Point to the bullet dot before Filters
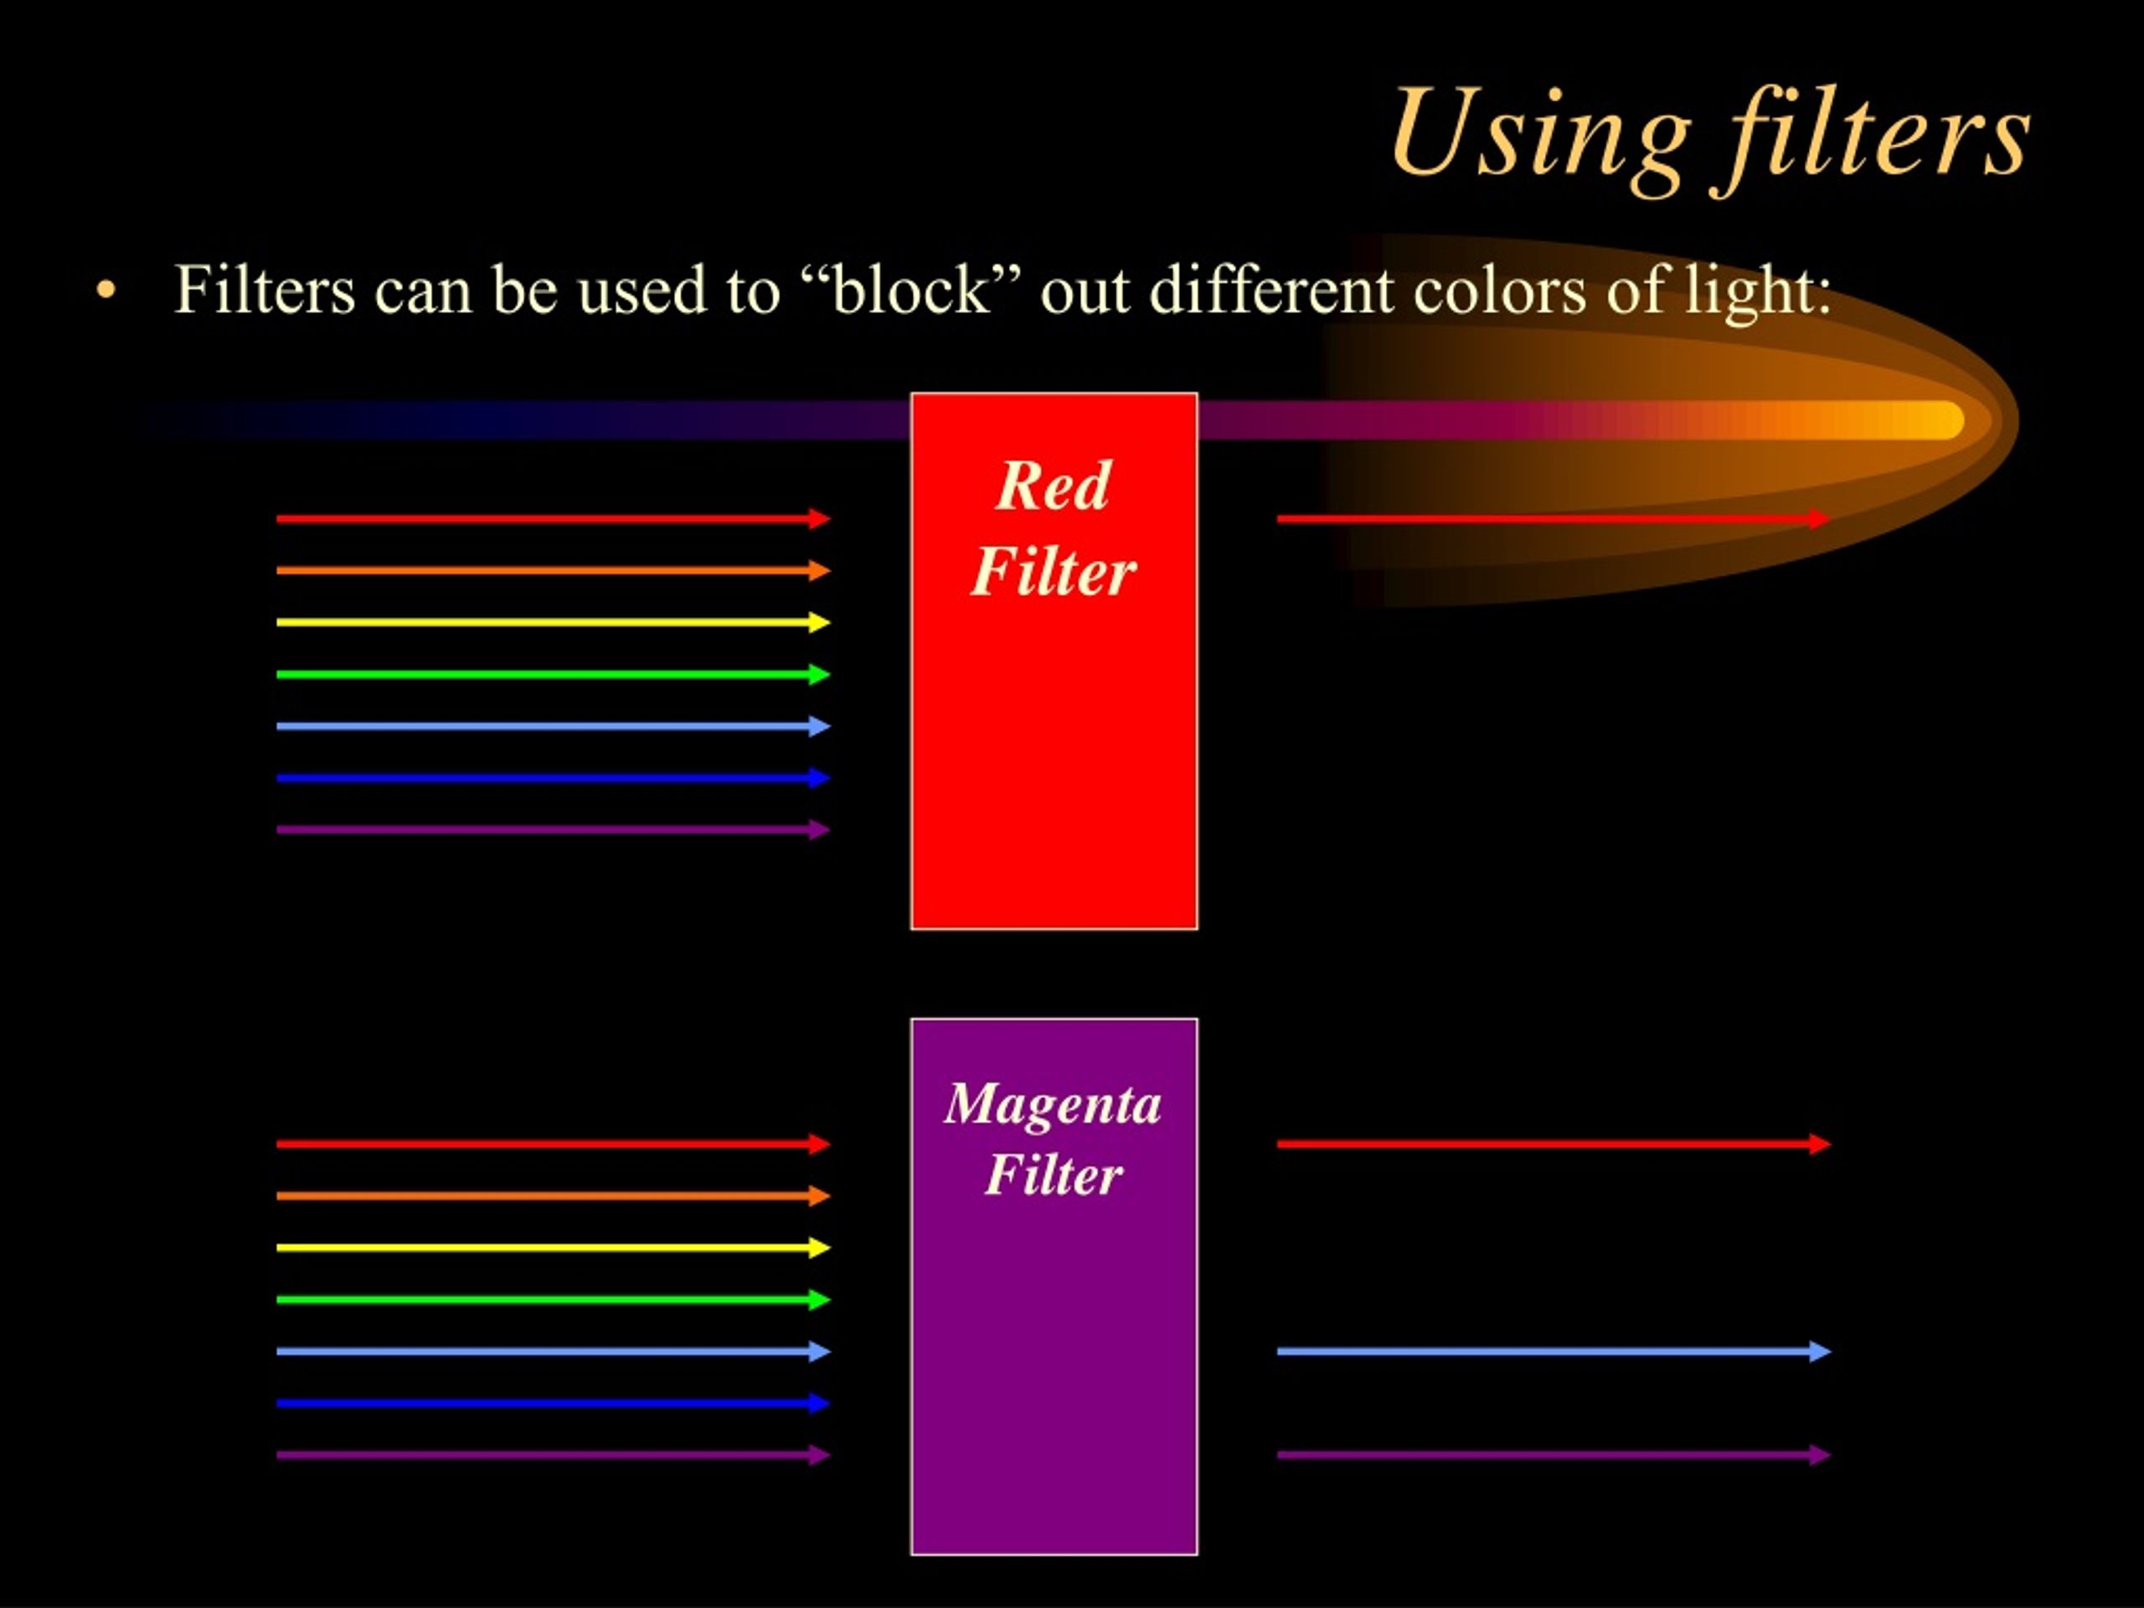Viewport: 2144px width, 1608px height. coord(106,291)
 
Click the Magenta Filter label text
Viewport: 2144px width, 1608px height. coord(1054,1138)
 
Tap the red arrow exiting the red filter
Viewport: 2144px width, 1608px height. coord(1551,518)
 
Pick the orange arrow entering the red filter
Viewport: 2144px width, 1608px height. coord(553,570)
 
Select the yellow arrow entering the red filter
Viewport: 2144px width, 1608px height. coord(553,622)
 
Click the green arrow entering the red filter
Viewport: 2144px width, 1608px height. coord(553,673)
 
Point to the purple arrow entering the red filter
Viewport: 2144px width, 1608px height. coord(553,830)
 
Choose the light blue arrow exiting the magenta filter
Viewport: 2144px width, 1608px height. coord(1551,1351)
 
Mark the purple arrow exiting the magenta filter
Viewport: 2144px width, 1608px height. coord(1551,1455)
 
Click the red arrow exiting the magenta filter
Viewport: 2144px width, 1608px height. coord(1551,1144)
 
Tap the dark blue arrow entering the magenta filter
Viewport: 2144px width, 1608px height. coord(553,1403)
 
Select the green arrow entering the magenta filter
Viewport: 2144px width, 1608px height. coord(553,1299)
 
